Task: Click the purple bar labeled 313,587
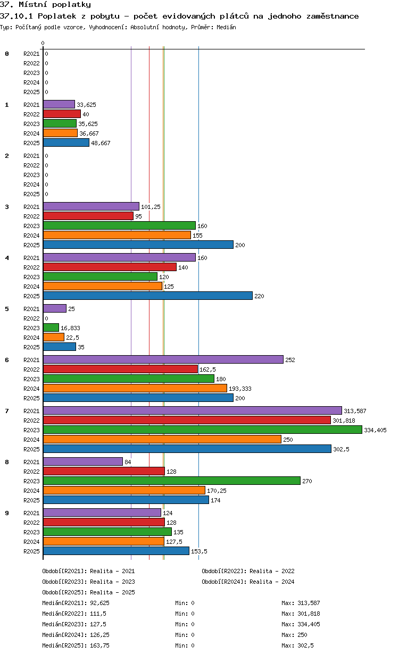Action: click(x=192, y=410)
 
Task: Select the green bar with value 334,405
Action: click(x=202, y=430)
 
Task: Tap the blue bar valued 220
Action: click(x=147, y=296)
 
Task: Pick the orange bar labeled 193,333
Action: click(x=135, y=388)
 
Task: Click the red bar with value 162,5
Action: click(x=120, y=369)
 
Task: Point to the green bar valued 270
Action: click(x=171, y=481)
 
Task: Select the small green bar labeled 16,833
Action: click(x=51, y=327)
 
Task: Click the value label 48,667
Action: click(x=101, y=143)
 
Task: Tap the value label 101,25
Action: click(x=151, y=207)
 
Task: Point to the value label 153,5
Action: click(x=199, y=551)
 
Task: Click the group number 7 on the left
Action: click(x=7, y=411)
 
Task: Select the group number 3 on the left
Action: click(x=7, y=207)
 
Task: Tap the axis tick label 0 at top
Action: click(x=43, y=43)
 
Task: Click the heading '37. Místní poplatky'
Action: click(x=45, y=5)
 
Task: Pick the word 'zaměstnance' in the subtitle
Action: click(x=332, y=16)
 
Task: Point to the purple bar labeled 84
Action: click(x=83, y=461)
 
